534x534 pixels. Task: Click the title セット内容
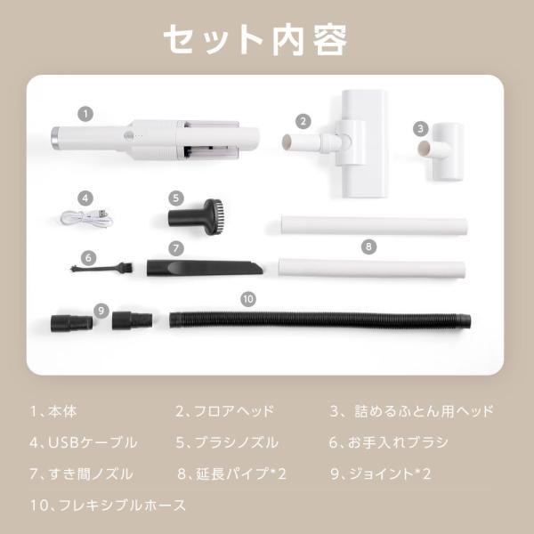[255, 39]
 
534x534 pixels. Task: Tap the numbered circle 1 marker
[85, 114]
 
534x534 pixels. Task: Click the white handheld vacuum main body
[155, 140]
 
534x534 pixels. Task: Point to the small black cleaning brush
[101, 268]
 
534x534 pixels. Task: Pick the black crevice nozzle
[205, 268]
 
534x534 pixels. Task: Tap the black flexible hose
[320, 320]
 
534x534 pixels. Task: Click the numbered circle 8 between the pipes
[368, 247]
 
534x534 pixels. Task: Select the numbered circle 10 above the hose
[248, 299]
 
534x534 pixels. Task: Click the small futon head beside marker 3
[441, 151]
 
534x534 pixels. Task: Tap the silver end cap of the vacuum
[55, 139]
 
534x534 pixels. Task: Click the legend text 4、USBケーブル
[83, 442]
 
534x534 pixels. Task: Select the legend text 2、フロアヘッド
[225, 411]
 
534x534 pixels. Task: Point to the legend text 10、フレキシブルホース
[108, 505]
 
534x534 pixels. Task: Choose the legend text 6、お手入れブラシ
[389, 442]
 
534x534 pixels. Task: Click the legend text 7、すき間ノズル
[81, 474]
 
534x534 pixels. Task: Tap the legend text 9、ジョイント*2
[380, 473]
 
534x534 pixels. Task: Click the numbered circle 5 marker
[176, 198]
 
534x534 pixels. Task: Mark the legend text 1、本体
[53, 411]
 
